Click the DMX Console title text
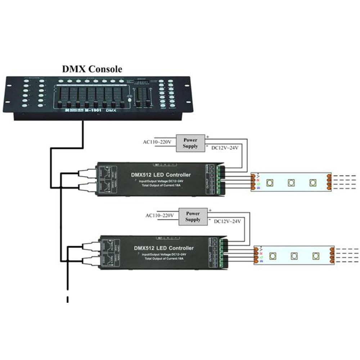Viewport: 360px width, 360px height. [92, 68]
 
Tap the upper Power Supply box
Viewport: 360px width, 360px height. [190, 143]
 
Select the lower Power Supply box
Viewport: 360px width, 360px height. [193, 216]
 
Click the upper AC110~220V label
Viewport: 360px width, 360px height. [157, 142]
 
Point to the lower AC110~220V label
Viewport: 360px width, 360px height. [159, 215]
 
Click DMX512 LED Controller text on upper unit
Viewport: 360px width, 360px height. [161, 175]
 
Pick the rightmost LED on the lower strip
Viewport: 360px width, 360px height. [316, 256]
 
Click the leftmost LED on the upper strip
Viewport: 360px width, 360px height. [269, 183]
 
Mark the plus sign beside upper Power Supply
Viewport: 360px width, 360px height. [207, 137]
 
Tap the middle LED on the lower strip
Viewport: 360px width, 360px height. [294, 256]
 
